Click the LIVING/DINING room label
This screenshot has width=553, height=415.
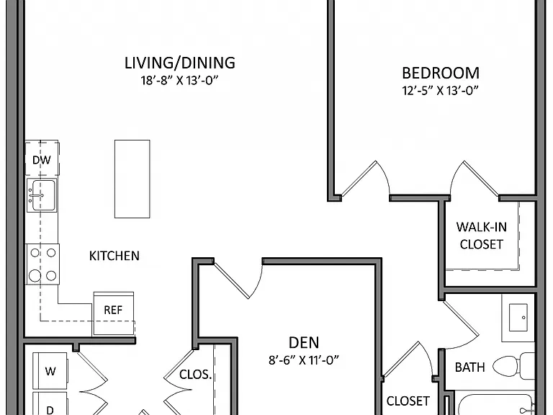[180, 63]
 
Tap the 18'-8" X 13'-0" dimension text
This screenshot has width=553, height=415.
[179, 81]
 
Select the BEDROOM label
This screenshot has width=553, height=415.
[441, 73]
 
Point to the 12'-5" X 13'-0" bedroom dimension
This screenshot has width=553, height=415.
[440, 91]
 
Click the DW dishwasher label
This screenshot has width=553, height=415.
[42, 160]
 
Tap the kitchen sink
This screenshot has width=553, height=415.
[42, 195]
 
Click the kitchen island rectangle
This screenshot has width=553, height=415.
[132, 179]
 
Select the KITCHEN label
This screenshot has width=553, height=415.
[114, 256]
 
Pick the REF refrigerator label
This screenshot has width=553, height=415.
[113, 311]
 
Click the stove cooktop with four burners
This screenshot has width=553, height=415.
[42, 264]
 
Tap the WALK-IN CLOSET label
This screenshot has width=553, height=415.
[482, 236]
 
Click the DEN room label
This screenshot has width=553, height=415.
[304, 343]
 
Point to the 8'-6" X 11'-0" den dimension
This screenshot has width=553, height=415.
[304, 360]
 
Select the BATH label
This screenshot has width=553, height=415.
[469, 367]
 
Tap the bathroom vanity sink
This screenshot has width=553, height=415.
[518, 318]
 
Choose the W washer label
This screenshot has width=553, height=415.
[50, 371]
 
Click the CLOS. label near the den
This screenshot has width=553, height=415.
[195, 375]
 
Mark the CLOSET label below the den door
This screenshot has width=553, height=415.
[408, 401]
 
